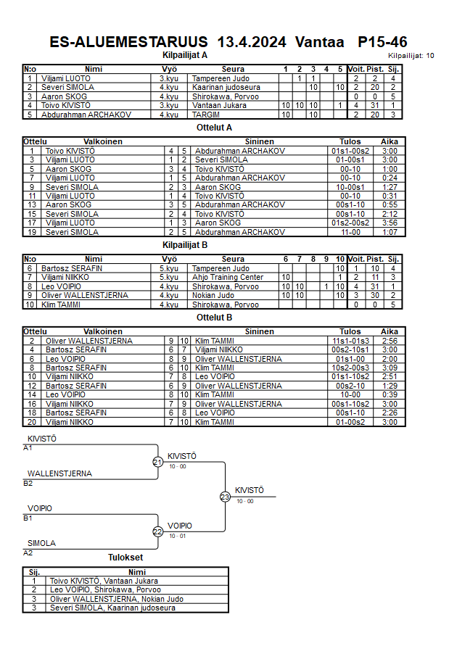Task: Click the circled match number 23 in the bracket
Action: (x=225, y=497)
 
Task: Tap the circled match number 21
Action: (x=157, y=462)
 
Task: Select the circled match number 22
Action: (x=157, y=531)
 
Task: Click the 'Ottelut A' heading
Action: (x=214, y=127)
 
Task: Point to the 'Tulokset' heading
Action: (x=125, y=558)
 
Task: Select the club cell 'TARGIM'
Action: (x=207, y=115)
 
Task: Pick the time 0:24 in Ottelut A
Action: (x=390, y=178)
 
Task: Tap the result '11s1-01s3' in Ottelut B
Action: (x=350, y=340)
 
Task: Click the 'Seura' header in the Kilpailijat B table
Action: (x=233, y=259)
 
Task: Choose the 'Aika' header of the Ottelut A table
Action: (x=390, y=141)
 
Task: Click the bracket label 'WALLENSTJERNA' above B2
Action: (x=59, y=473)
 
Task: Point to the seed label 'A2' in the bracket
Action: (x=28, y=552)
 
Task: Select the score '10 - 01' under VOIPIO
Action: (x=177, y=536)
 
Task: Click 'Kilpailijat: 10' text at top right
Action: (x=411, y=55)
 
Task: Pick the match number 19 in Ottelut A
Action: (x=32, y=232)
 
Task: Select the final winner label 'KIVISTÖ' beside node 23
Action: (x=249, y=490)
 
